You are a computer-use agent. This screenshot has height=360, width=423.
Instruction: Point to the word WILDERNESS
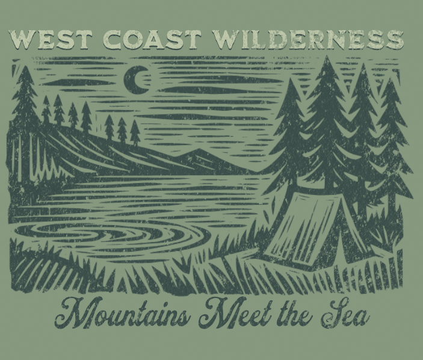(308, 40)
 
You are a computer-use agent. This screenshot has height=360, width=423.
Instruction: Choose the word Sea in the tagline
(345, 314)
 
